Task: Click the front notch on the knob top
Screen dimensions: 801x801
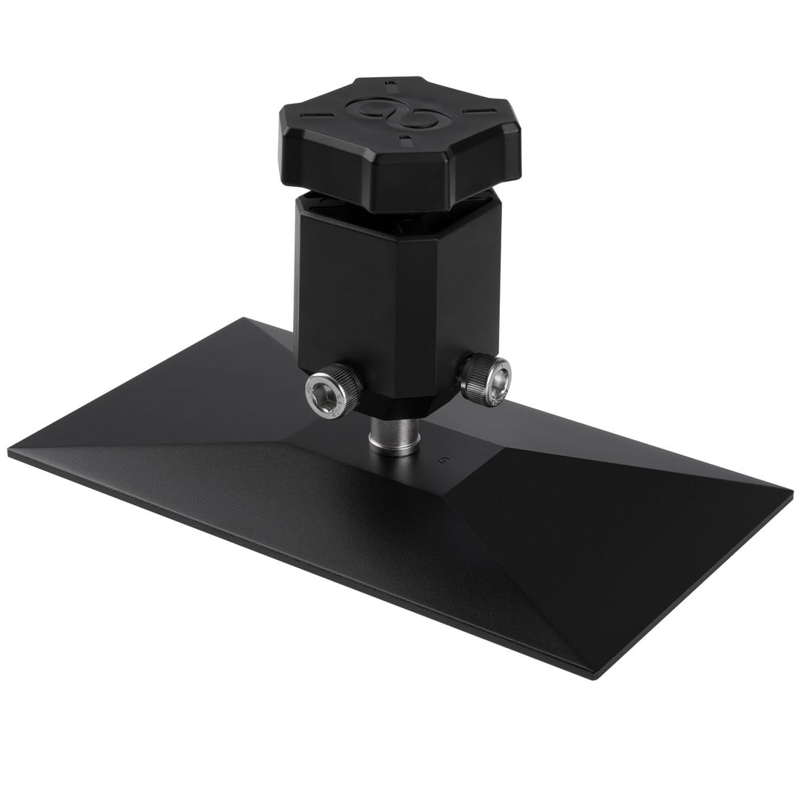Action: tap(403, 138)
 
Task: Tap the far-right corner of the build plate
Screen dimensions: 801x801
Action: tap(791, 491)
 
